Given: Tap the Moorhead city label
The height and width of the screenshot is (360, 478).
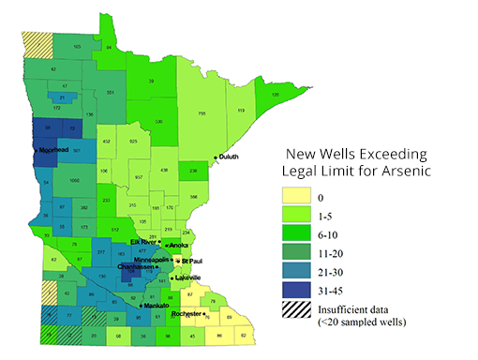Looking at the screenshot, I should pyautogui.click(x=52, y=150).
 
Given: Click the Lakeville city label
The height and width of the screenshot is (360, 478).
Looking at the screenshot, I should pyautogui.click(x=187, y=277).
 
